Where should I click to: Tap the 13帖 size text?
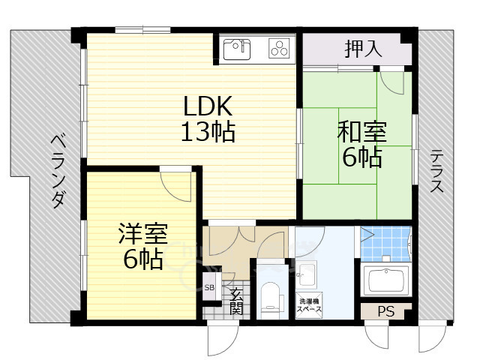click(x=208, y=133)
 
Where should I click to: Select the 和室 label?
click(x=362, y=133)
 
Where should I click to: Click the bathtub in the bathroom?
click(x=385, y=281)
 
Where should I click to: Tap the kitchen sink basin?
click(x=238, y=49)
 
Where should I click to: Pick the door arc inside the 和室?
click(x=391, y=81)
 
